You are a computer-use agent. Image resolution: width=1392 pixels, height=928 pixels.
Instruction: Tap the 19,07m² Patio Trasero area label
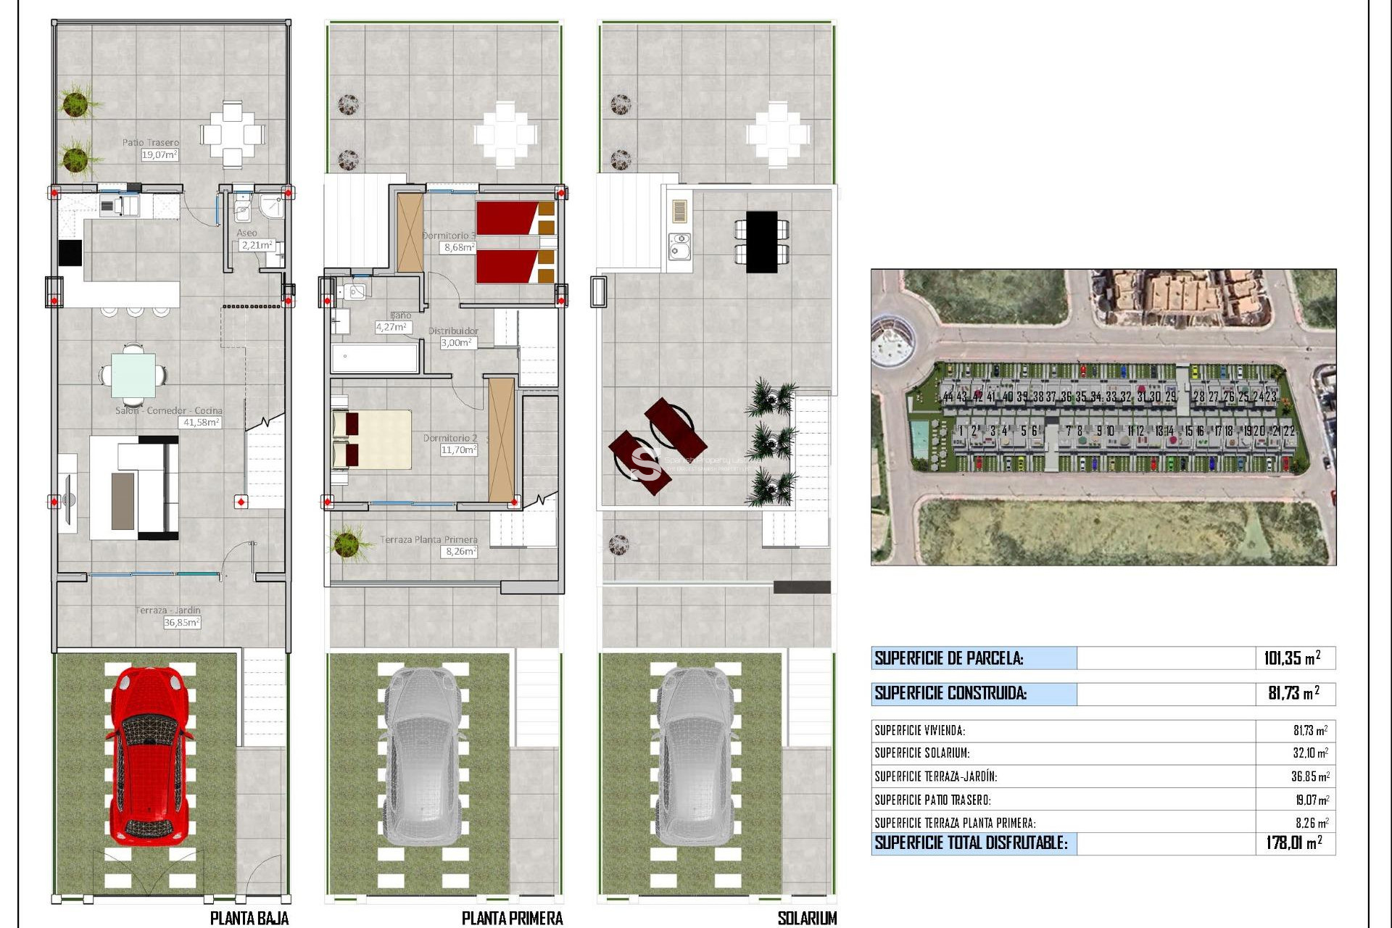click(159, 155)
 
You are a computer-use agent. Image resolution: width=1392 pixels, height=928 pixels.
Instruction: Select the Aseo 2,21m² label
click(257, 245)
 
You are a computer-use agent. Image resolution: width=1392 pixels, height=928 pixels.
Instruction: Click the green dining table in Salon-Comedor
click(133, 375)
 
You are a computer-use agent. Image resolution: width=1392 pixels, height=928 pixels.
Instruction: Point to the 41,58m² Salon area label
click(201, 422)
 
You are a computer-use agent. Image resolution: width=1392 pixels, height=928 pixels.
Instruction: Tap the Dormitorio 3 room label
click(449, 236)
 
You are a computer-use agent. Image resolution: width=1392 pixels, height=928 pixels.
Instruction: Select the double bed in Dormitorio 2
click(372, 439)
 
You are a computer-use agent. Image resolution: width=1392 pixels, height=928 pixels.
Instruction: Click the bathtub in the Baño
click(374, 357)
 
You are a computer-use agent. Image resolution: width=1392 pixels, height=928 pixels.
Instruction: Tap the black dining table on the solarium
click(761, 241)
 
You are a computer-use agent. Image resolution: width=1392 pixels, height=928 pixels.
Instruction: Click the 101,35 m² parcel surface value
click(1292, 658)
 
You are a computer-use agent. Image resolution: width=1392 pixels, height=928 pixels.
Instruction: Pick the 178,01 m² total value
click(1293, 842)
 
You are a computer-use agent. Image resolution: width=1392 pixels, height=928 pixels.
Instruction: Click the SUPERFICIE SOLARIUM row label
click(921, 753)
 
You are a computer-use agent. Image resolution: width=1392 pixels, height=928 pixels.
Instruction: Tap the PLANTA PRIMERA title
click(512, 918)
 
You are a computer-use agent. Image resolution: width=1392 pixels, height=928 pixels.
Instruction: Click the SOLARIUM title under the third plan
click(806, 918)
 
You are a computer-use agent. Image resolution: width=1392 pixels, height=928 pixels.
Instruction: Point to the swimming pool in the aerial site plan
click(919, 437)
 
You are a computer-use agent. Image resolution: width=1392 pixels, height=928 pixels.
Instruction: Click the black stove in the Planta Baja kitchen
click(70, 253)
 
